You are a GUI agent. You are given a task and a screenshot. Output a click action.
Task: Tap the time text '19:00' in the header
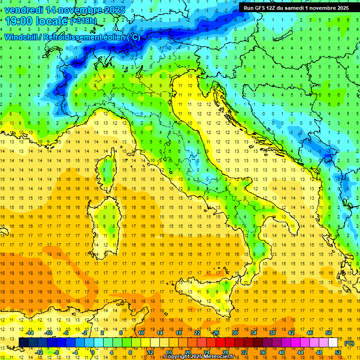coord(19,21)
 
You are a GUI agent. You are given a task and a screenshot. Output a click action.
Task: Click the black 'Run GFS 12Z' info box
coord(296,8)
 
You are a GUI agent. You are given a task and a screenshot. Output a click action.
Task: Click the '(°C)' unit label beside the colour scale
coord(349,343)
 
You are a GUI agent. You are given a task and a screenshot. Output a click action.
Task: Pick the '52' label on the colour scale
coord(338,352)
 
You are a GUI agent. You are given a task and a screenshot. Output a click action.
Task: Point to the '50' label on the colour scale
coord(328,333)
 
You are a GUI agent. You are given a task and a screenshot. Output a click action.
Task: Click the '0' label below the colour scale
coord(93,352)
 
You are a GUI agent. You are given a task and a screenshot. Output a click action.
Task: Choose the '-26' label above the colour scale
coord(216,333)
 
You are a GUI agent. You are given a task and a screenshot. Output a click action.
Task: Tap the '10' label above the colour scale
coord(141,333)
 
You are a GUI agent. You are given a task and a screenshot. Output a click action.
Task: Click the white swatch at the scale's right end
coord(333,343)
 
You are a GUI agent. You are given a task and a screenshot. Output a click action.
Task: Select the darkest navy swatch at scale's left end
coord(23,343)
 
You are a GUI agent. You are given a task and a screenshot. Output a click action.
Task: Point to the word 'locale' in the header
coord(52,21)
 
